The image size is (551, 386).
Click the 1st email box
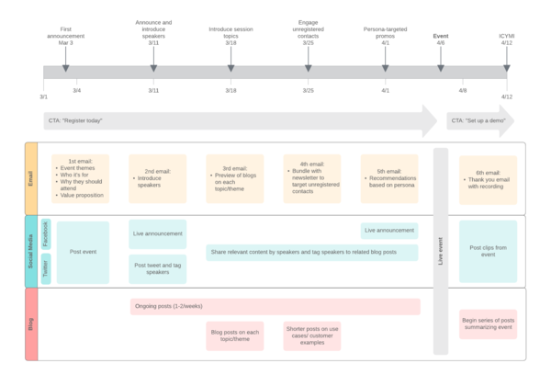click(x=80, y=177)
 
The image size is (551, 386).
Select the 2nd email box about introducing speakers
click(x=157, y=177)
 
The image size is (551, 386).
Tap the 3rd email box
click(x=234, y=177)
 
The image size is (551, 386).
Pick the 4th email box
click(x=311, y=177)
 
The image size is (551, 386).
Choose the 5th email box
click(x=388, y=177)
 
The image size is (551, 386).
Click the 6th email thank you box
click(x=488, y=179)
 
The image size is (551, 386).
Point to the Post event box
click(x=83, y=252)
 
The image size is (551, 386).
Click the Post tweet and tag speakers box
click(x=157, y=269)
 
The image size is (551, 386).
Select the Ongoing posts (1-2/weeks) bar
click(x=275, y=307)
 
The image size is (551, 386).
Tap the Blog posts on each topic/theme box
click(x=234, y=335)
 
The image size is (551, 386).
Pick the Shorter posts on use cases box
click(x=311, y=335)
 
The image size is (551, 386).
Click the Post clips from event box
click(x=488, y=252)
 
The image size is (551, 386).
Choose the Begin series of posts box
click(x=488, y=324)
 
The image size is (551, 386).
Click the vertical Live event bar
click(x=441, y=251)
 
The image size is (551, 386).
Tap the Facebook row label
click(x=46, y=234)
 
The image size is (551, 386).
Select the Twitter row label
click(x=46, y=269)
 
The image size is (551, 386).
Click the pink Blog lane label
click(x=31, y=324)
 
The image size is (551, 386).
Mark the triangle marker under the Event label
click(x=441, y=67)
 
